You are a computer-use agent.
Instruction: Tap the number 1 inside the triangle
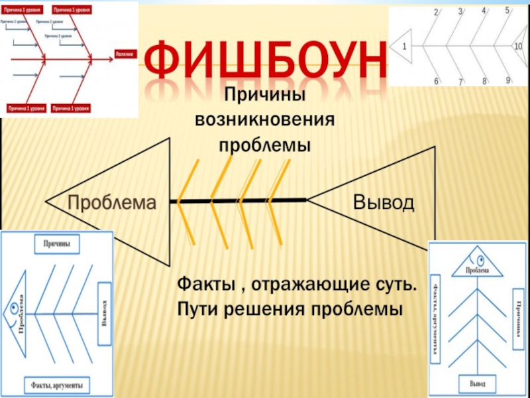coord(405,46)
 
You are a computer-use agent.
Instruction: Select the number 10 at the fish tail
coord(519,46)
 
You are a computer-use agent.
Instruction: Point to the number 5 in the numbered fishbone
coord(507,11)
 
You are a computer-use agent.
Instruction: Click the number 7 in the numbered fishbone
coord(460,83)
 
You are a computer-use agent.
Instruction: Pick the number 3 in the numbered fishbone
coord(460,12)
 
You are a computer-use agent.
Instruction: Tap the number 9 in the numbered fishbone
coord(508,80)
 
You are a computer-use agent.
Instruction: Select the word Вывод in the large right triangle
coord(384,201)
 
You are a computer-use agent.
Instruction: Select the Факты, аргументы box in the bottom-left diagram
coord(57,382)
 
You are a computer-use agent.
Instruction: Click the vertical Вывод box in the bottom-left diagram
coord(104,314)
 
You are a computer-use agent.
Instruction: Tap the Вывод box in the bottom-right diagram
coord(477,384)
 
